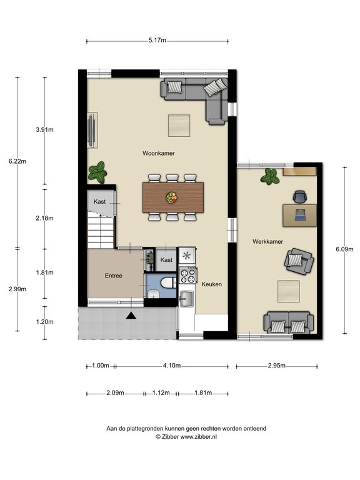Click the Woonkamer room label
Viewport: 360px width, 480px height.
(x=159, y=153)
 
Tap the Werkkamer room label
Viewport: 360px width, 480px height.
(x=267, y=241)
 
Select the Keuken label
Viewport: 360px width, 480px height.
(x=211, y=284)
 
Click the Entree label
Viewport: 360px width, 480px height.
(x=114, y=276)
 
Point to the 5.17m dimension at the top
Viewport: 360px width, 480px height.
(x=157, y=40)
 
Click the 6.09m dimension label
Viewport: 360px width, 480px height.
(x=345, y=249)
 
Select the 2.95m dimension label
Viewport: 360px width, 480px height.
(x=277, y=366)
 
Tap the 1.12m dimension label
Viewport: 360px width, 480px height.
(x=161, y=392)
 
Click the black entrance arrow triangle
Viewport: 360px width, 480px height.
(x=131, y=315)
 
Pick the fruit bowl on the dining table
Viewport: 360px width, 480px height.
(x=171, y=197)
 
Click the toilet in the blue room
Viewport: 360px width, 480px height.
(x=167, y=283)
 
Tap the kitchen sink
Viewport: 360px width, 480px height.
(x=186, y=299)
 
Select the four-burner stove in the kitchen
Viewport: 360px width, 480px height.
(x=187, y=276)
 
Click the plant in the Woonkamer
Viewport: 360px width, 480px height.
(x=97, y=172)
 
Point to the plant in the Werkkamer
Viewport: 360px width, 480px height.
(x=270, y=177)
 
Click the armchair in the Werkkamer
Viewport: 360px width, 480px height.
(x=299, y=261)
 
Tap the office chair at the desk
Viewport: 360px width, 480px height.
(x=300, y=196)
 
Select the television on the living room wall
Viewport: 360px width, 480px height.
(x=92, y=130)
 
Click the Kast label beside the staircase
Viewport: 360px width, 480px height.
(x=99, y=202)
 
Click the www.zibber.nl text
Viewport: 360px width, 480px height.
(x=198, y=437)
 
